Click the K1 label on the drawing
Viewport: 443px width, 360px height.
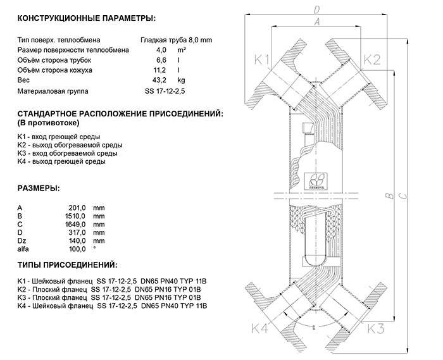tap(262, 61)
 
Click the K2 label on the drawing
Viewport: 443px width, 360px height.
tap(372, 61)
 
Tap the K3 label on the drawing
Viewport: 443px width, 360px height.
tap(376, 328)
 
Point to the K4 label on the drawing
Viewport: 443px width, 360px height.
tap(260, 328)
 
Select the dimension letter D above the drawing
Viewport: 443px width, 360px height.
tap(317, 9)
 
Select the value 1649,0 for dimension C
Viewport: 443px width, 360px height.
tap(75, 224)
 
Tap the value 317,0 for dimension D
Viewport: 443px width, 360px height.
tap(77, 232)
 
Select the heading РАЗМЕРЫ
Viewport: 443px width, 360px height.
tap(39, 188)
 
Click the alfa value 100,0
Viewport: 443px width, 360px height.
tap(77, 249)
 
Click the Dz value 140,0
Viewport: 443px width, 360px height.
tap(77, 240)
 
